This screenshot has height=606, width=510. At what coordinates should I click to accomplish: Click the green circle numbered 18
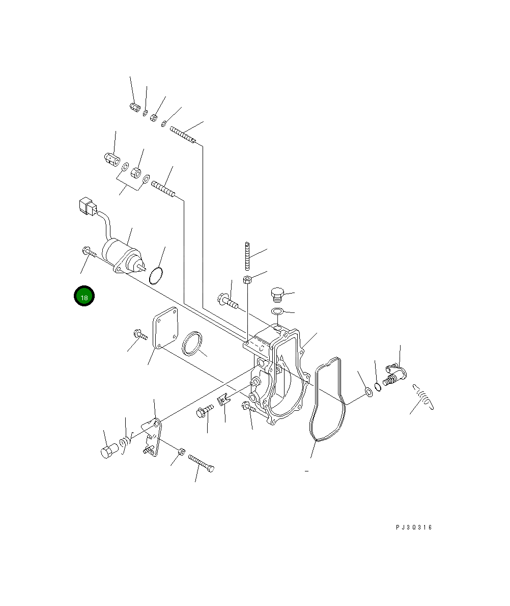(x=84, y=296)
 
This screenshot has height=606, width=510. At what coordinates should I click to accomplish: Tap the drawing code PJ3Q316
(x=414, y=527)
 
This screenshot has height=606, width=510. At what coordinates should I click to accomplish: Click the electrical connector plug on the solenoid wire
(x=87, y=207)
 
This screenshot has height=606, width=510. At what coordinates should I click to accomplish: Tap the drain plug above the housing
(x=277, y=295)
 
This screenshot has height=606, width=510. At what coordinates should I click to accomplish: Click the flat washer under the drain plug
(x=277, y=311)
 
